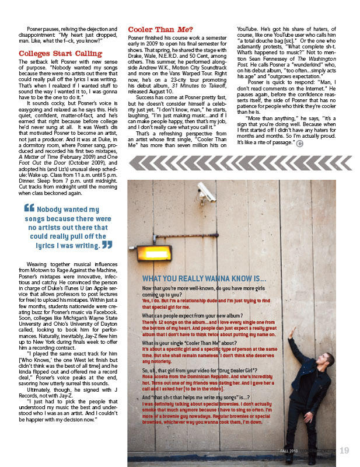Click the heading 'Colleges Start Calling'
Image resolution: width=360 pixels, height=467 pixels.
60,54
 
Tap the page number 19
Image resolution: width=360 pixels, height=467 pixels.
344,450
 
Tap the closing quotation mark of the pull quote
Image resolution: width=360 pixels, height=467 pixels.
107,245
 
